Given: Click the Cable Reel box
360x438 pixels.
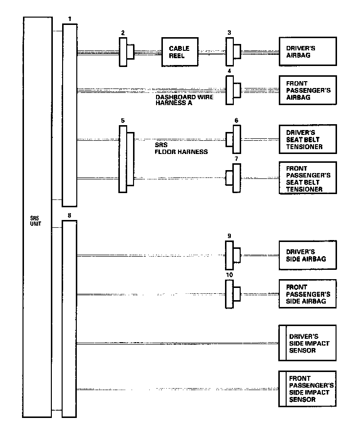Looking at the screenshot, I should (180, 51).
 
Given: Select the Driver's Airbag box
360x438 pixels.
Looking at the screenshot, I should (307, 51).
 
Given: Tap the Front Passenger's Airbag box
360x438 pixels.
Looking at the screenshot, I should (307, 90).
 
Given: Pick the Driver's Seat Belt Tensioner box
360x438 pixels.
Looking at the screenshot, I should (307, 139).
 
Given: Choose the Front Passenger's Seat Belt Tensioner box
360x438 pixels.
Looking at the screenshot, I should (307, 177).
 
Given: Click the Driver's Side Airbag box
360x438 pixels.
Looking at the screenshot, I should (307, 255).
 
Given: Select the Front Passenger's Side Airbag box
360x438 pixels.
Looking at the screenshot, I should (307, 294).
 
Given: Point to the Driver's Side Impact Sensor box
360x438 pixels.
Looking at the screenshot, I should (307, 343).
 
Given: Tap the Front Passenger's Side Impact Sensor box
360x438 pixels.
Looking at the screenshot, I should (307, 389).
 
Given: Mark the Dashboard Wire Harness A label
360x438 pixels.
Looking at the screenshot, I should (178, 100).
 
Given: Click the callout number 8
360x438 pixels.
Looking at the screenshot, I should (70, 215).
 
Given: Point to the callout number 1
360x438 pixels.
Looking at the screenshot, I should (70, 19).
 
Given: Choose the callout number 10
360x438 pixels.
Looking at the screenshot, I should (229, 275).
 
